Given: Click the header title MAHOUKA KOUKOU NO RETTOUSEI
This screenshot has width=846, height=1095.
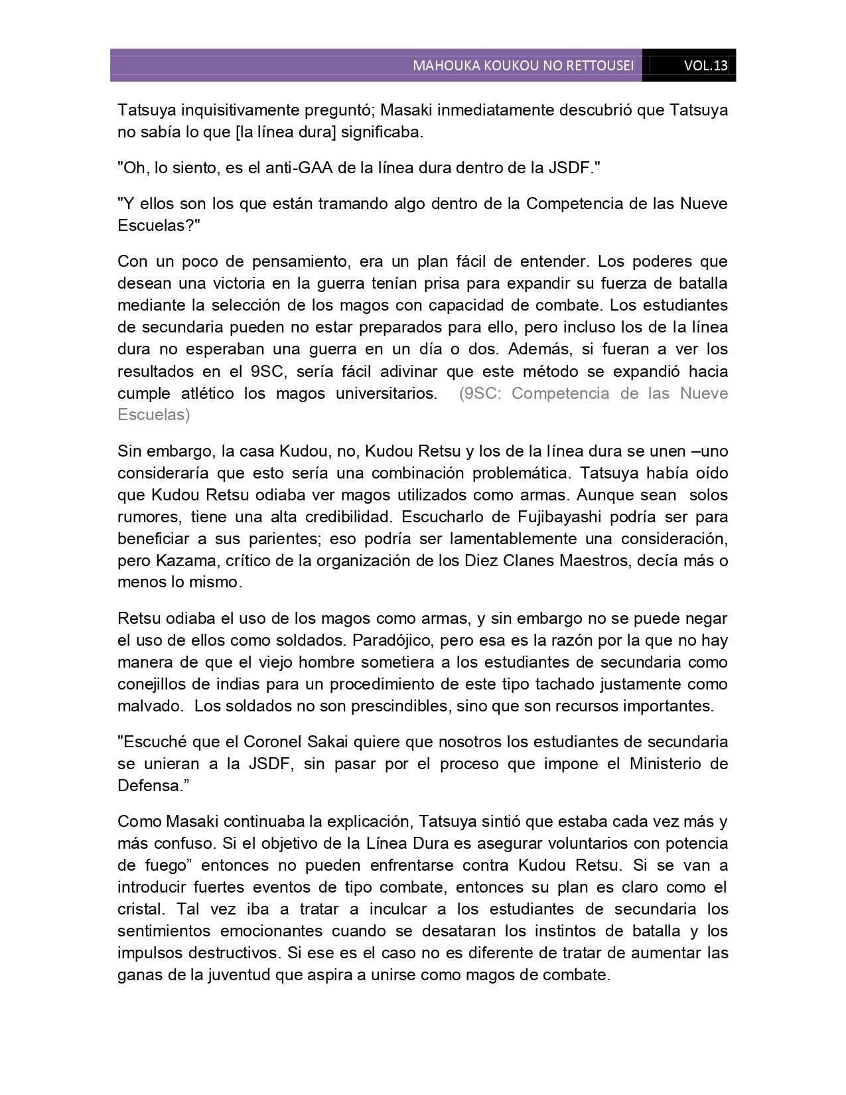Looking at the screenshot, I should click(x=523, y=66).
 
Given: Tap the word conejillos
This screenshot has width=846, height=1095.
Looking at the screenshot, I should click(x=149, y=684).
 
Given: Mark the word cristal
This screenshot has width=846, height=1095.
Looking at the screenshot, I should click(x=138, y=909).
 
